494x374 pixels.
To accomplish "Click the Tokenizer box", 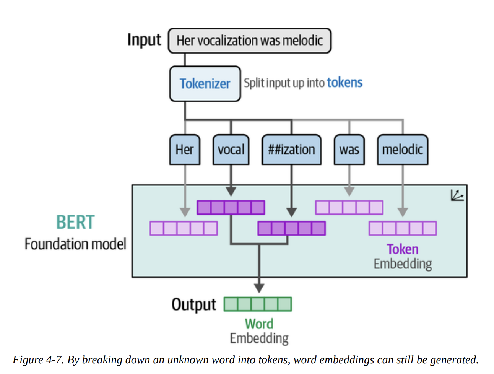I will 205,84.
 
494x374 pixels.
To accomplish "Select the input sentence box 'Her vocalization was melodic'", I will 250,41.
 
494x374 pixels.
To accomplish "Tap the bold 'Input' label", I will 144,40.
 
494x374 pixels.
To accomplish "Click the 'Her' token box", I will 185,150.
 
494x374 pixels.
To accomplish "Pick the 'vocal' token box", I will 231,150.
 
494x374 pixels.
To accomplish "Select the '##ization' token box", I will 291,150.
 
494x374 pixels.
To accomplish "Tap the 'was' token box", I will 349,150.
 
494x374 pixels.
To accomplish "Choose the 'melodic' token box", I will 403,150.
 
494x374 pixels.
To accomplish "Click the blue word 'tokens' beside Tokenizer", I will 344,83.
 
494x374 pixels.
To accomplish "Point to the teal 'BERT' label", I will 75,222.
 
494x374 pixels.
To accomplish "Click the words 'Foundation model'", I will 75,244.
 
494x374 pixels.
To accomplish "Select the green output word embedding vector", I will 258,304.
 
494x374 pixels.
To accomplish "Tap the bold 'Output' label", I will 193,304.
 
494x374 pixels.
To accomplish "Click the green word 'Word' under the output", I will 259,324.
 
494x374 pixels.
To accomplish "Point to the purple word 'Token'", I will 403,249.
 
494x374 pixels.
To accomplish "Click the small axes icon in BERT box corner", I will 457,195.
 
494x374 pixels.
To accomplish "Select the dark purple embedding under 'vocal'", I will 231,208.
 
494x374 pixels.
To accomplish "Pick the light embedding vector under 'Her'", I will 184,228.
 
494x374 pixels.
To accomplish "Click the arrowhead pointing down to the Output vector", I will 259,288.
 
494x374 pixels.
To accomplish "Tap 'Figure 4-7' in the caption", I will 38,360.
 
